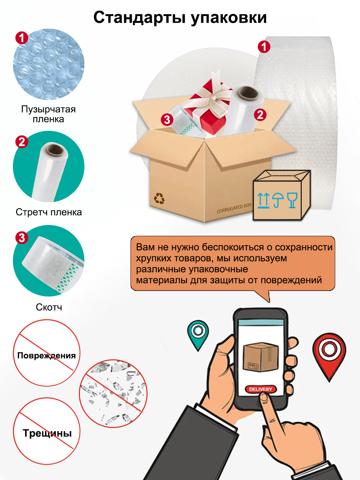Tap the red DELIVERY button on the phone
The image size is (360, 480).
point(261,389)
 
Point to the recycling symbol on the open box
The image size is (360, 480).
point(159,198)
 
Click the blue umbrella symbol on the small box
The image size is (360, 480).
point(278,200)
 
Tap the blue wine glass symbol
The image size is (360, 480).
point(292,200)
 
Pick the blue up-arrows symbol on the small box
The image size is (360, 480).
point(263,200)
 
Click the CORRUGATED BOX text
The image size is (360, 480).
point(234,208)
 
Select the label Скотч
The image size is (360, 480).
point(49,307)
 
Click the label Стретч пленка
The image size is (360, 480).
point(49,212)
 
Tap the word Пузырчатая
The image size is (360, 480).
point(48,109)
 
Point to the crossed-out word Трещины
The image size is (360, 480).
point(47,433)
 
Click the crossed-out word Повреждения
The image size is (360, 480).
point(46,356)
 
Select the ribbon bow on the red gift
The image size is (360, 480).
point(211,96)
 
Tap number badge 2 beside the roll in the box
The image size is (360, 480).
point(260,115)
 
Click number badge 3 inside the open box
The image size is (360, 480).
point(167,120)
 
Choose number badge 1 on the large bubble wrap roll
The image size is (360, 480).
point(264,47)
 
